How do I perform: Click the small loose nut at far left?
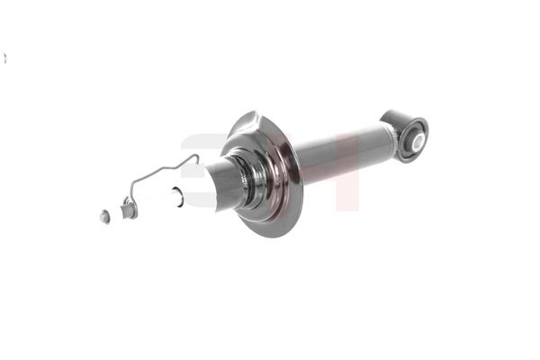point(105,216)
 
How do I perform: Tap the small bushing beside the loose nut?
point(128,211)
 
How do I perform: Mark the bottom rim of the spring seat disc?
point(269,231)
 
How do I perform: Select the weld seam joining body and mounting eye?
point(393,134)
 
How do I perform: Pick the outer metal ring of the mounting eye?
point(403,121)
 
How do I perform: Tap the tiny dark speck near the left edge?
point(4,58)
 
